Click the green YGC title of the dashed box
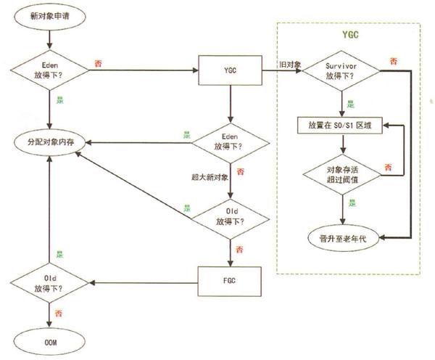351,34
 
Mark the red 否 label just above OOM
58,313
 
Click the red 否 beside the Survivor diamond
392,62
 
